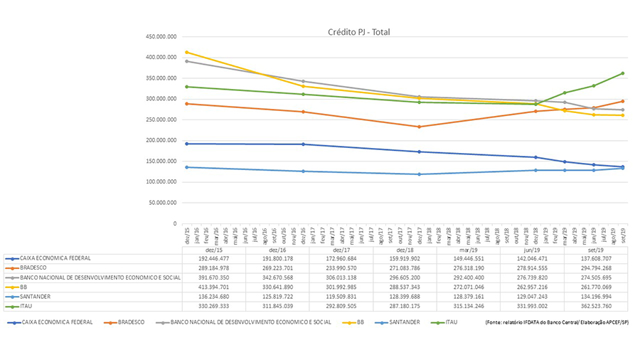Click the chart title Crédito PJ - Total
358,32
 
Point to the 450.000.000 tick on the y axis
160,37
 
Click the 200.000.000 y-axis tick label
160,141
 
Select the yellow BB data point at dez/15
187,52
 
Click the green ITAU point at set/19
622,73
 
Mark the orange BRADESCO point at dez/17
419,127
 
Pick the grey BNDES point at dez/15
187,61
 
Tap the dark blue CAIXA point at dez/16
304,144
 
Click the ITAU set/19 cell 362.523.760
595,306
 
